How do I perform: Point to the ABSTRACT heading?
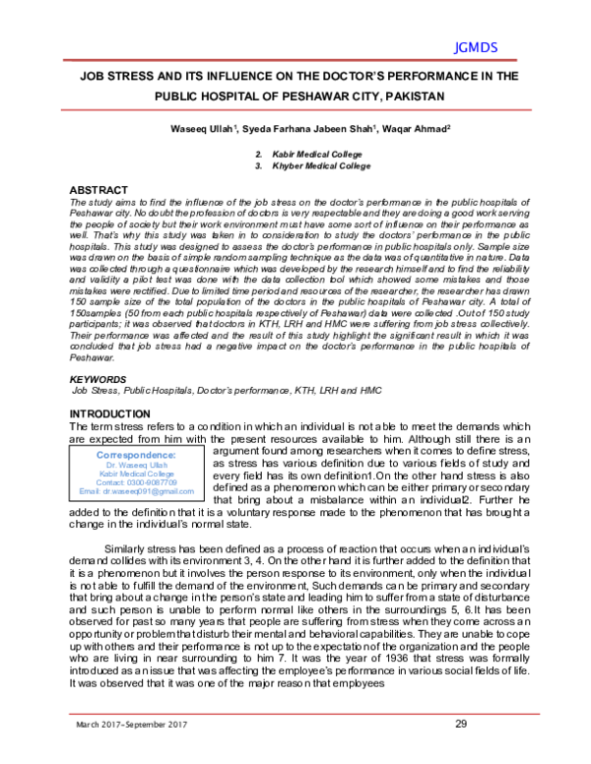coord(99,188)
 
